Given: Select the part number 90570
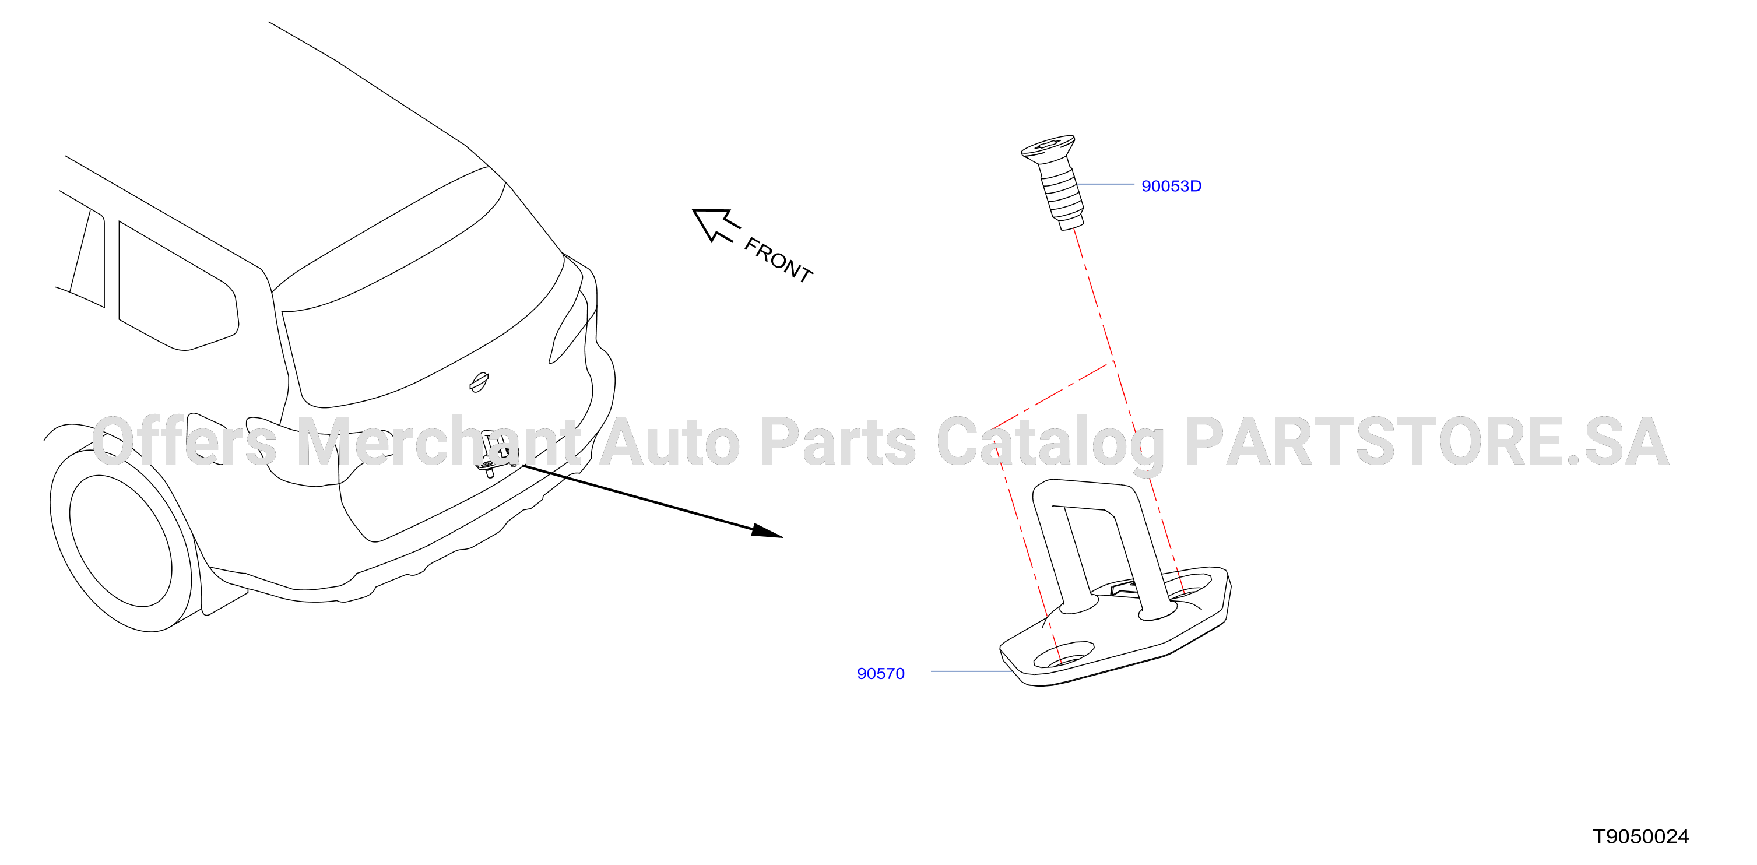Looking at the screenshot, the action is click(x=881, y=674).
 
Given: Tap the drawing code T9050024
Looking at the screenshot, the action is click(x=1640, y=836).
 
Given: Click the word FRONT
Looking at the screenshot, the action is click(x=778, y=260).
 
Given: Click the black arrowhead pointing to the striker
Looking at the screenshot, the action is click(x=767, y=532).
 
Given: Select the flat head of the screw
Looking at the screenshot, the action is click(x=1048, y=149).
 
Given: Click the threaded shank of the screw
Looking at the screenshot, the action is click(x=1062, y=196).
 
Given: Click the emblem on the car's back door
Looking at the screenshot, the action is click(x=479, y=383).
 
